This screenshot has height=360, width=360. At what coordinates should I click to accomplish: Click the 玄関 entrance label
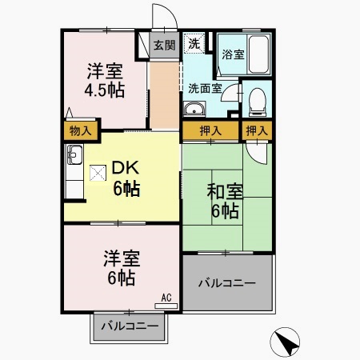click(x=165, y=45)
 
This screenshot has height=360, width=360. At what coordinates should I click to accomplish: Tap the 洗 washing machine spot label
click(x=194, y=45)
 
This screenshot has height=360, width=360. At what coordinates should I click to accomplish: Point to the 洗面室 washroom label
click(x=206, y=89)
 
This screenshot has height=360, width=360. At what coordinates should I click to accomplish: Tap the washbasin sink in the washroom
click(x=194, y=110)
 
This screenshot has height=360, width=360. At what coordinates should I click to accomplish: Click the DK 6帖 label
click(x=125, y=178)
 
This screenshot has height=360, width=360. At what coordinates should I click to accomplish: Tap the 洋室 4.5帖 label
click(x=106, y=78)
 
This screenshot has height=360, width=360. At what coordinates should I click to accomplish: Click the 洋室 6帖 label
click(x=120, y=268)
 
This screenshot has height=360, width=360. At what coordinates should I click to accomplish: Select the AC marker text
click(x=166, y=298)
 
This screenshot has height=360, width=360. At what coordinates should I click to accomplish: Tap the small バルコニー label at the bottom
click(x=129, y=326)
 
